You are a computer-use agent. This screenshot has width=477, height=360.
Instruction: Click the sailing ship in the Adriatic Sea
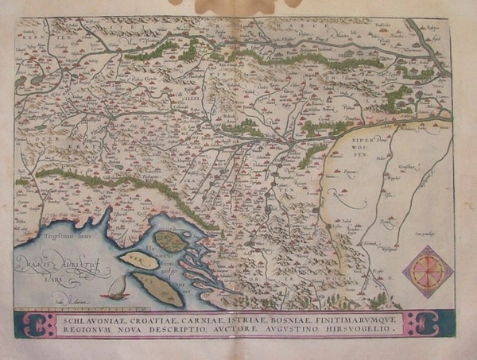tap(118, 288)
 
